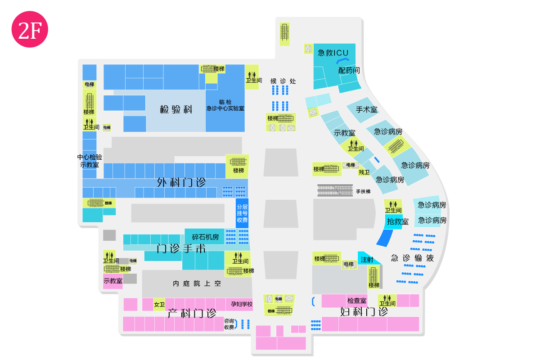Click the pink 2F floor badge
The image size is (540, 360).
pos(30,29)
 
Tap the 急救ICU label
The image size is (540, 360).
pos(333,53)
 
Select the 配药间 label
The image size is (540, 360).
pos(349,70)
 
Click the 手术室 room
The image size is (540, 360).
pos(363,110)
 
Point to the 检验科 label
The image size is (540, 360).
pos(176,109)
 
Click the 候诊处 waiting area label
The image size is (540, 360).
pos(283,81)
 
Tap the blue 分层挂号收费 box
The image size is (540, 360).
pos(242,213)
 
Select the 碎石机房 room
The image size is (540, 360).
pos(205,237)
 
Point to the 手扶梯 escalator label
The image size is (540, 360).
pos(363,191)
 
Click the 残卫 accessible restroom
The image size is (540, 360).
pos(364,172)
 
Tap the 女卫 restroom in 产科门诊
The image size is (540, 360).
pos(159,305)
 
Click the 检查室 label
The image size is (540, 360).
pos(357,301)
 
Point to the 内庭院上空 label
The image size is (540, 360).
pos(197,283)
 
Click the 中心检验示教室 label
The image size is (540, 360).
pos(90,161)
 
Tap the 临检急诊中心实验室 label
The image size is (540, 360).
pos(225,105)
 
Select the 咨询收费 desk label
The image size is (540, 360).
pos(229,324)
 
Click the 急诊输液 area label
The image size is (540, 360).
pos(412,258)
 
